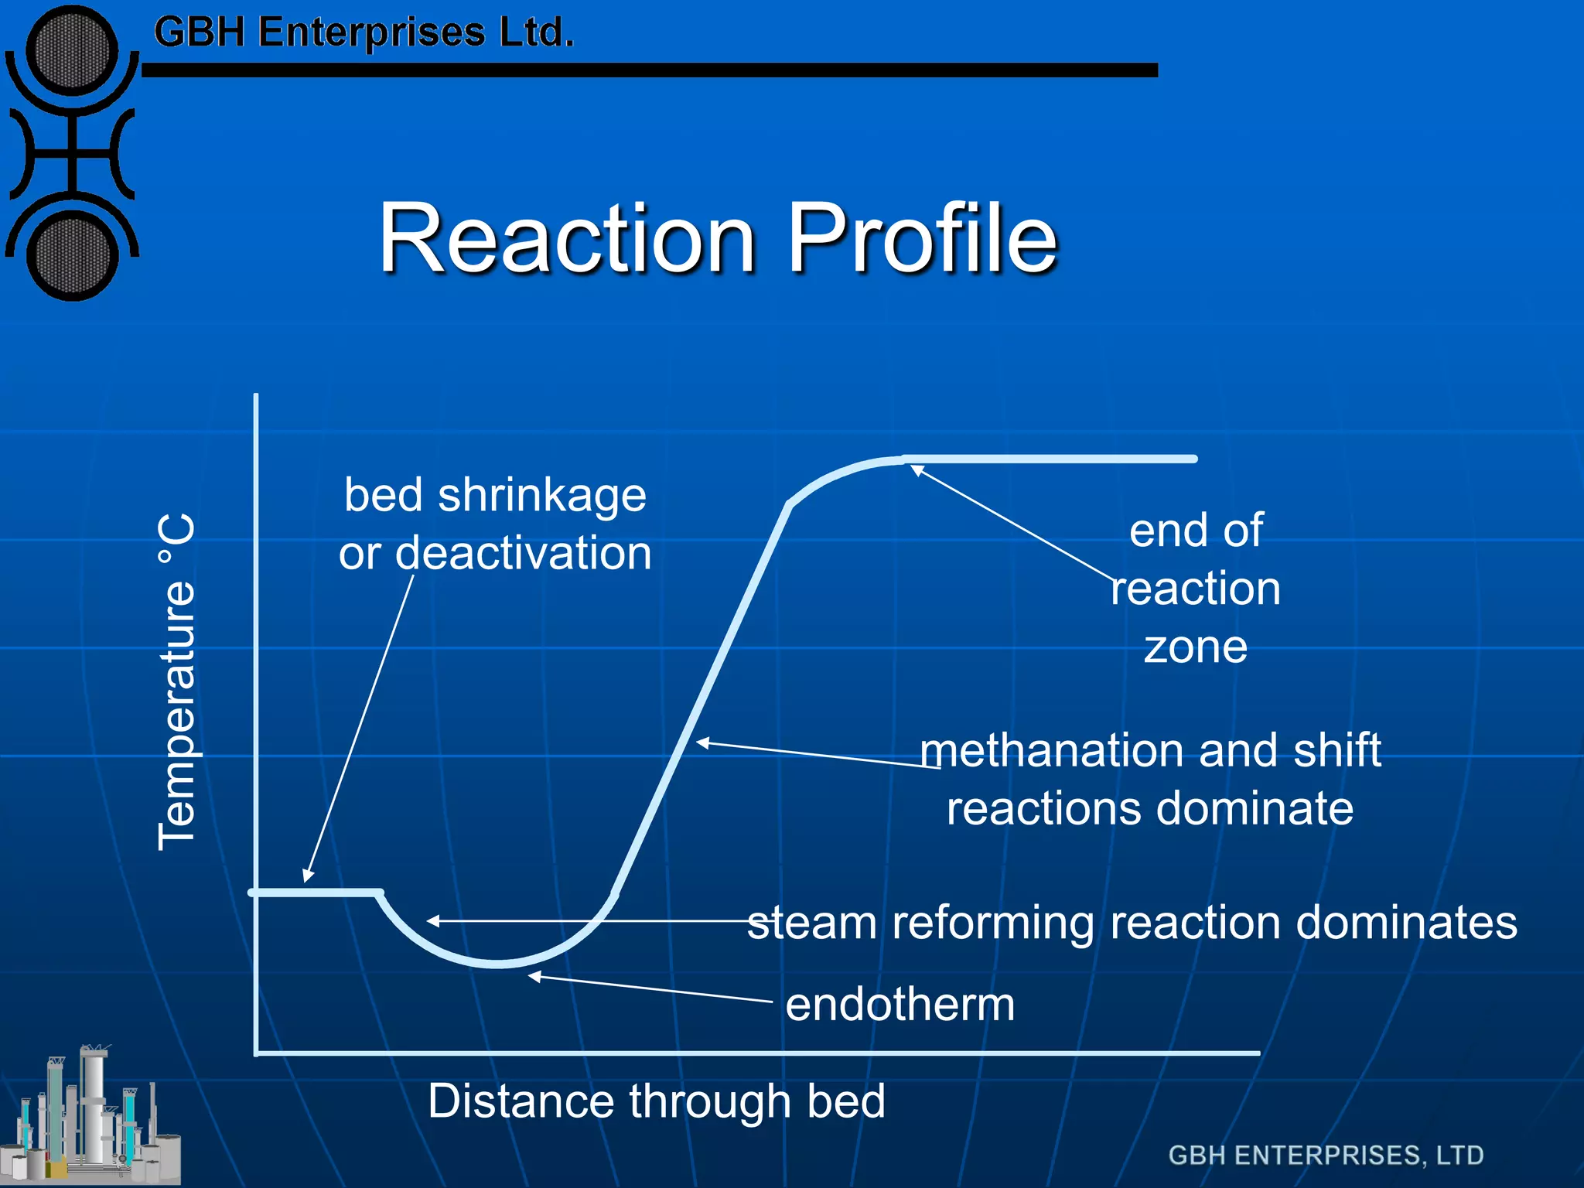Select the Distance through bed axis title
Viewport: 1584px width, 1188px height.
tap(656, 1101)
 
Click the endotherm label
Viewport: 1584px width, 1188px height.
tap(900, 1004)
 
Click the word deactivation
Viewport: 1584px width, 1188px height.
tap(524, 553)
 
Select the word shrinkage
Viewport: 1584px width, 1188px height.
tap(541, 495)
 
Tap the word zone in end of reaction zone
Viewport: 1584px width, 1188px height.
tap(1195, 647)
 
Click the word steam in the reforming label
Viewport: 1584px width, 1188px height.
tap(812, 923)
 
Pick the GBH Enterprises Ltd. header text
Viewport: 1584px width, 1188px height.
tap(364, 32)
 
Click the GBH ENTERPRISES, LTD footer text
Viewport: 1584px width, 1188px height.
tap(1326, 1155)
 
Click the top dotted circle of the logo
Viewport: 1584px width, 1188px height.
tap(72, 52)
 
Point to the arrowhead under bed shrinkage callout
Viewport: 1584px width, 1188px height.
tap(307, 876)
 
